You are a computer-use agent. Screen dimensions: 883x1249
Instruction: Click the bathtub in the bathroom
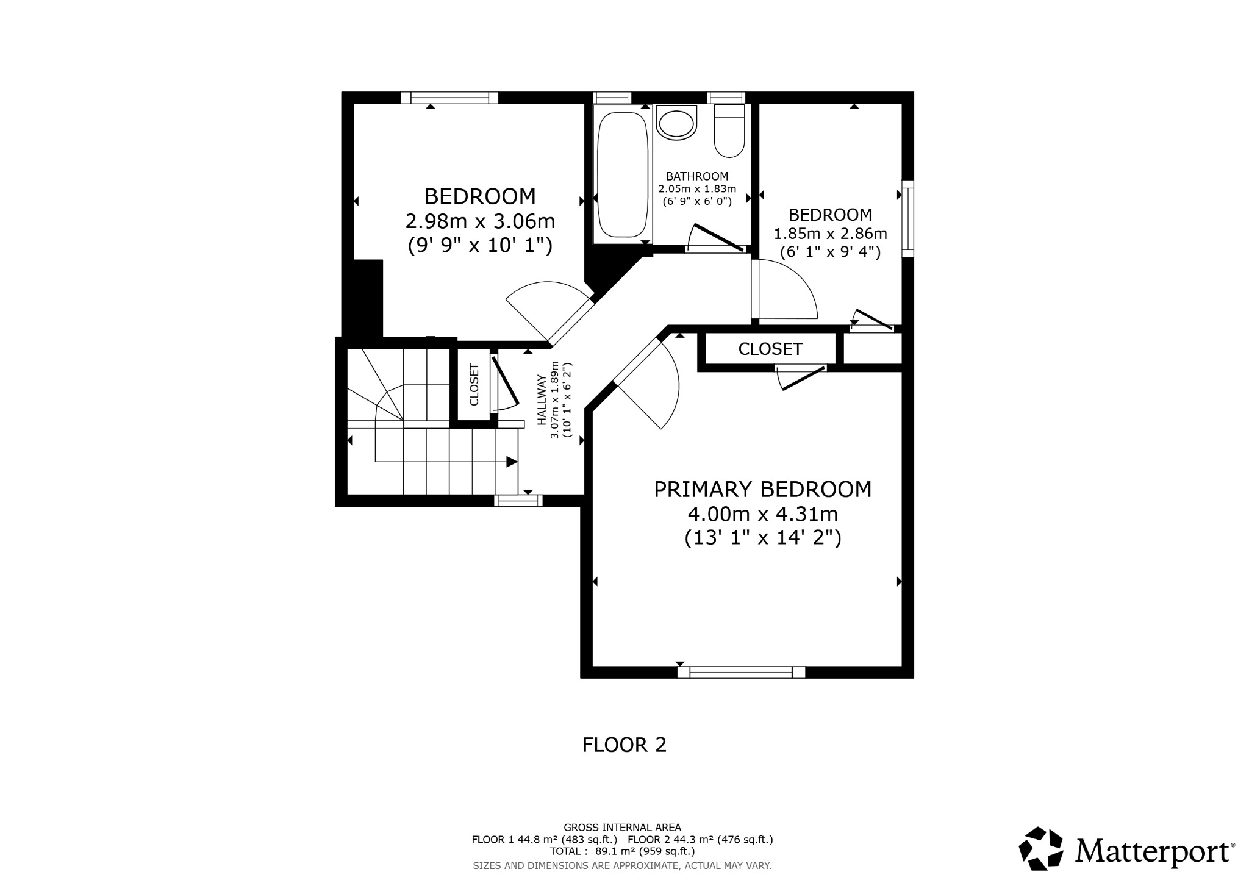coord(622,175)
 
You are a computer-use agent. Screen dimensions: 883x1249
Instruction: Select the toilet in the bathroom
coord(729,131)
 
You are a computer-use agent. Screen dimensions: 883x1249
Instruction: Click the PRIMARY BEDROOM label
coord(762,490)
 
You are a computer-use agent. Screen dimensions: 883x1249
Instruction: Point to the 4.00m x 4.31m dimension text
coord(762,514)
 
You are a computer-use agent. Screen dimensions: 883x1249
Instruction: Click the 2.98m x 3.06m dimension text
coord(480,220)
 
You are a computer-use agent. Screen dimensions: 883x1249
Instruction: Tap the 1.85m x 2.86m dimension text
coord(830,234)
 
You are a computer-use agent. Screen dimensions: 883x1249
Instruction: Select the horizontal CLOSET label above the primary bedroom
coord(770,349)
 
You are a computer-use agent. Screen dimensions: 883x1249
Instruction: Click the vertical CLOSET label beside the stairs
coord(474,385)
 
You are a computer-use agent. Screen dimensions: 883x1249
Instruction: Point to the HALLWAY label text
coord(542,399)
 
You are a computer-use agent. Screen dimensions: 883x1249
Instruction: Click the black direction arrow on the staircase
coord(512,462)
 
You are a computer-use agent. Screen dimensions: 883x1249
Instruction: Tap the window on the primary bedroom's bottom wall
coord(741,672)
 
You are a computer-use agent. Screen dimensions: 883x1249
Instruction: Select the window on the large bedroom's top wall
coord(450,98)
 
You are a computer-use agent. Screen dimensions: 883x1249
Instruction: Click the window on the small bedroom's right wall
coord(907,218)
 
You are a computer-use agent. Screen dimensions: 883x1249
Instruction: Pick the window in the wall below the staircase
coord(518,501)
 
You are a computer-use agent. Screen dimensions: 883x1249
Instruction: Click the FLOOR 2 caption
coord(624,745)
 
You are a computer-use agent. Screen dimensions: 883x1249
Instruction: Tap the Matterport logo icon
coord(1041,848)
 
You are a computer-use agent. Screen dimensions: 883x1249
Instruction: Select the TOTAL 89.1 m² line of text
coord(622,851)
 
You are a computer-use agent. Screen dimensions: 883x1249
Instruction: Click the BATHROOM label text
coord(697,176)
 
